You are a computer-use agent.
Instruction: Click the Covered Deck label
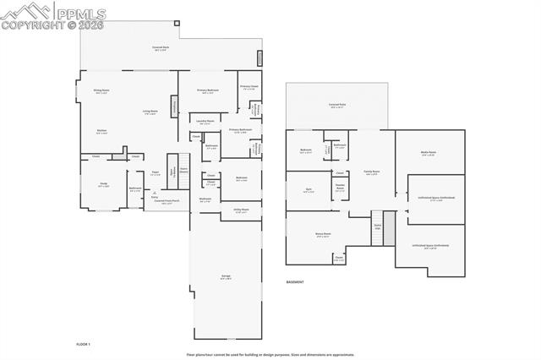161,47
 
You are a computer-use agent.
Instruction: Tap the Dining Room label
101,90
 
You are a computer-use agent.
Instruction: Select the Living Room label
150,112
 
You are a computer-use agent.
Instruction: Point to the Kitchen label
101,131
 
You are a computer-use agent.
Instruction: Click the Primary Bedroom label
208,90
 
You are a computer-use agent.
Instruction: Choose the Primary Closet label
249,86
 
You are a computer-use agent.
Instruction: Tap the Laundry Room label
204,121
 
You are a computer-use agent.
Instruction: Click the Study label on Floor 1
102,185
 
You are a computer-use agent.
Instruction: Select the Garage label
226,276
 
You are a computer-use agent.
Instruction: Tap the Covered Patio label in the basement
336,105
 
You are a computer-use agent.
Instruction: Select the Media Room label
428,153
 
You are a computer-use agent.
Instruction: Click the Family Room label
371,172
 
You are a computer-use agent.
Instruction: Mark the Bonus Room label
323,234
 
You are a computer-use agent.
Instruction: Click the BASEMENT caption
295,282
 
